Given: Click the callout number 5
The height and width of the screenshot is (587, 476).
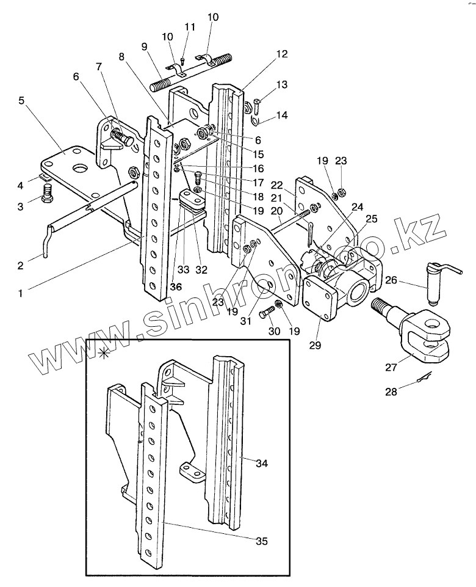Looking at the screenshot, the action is coord(21,101).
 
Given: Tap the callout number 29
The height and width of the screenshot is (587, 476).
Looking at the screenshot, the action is coord(316,345).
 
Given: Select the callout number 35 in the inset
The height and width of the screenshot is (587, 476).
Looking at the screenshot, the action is coord(262,541).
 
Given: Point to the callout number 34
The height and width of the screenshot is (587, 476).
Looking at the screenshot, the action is coord(262,463).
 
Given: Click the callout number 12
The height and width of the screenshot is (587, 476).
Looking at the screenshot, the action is coord(283,54).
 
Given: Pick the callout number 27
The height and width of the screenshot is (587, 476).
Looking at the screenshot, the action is coord(391,367).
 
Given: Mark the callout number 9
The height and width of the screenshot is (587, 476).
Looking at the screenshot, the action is coord(145,47).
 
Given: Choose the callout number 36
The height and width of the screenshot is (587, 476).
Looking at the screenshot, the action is coord(176,286).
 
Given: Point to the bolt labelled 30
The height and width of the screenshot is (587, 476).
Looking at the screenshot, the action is coord(268,312).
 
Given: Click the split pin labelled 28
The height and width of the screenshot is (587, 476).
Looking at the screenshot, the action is coord(424,377).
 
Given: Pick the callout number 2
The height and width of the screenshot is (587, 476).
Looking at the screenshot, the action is coord(20,266).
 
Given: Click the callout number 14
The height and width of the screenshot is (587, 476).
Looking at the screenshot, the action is coord(283,115).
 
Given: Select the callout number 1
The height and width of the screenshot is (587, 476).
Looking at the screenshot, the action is coord(21,293).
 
